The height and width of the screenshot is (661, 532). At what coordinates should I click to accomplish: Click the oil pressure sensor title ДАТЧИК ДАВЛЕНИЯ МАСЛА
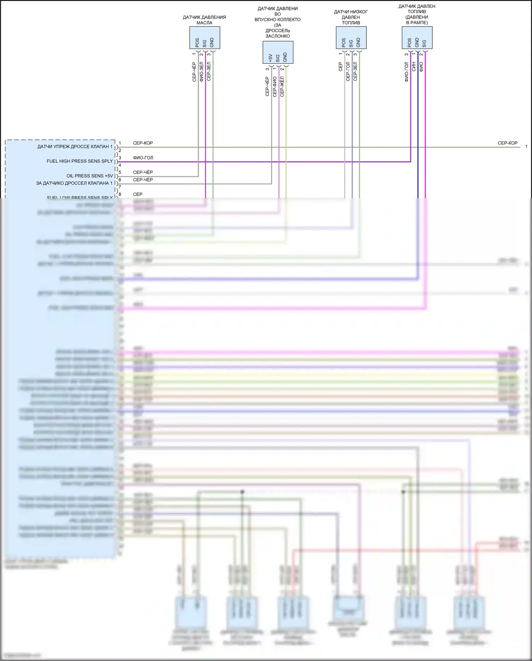coord(204,20)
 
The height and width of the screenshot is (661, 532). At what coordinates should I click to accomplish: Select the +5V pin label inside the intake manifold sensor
coord(270,58)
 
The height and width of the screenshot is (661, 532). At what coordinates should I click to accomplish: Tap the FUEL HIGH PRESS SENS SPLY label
coord(80,161)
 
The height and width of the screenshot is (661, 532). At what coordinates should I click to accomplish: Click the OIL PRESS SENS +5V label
coord(90,176)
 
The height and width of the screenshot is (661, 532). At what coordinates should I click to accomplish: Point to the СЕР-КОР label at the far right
coord(508,143)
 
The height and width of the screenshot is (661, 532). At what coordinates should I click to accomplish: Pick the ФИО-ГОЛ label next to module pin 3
coord(143,158)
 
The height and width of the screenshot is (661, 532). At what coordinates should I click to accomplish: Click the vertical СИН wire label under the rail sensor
coord(414,67)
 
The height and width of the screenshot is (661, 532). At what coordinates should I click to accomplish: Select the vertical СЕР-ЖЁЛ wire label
coord(282,86)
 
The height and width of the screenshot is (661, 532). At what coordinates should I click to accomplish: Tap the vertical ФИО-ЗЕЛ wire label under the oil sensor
coord(201,71)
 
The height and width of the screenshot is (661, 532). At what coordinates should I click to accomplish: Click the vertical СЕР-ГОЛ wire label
coord(348,71)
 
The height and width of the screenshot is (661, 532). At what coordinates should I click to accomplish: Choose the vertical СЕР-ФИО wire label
coord(275,86)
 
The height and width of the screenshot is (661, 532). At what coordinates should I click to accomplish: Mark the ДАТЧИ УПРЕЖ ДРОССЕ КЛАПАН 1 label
coord(75,147)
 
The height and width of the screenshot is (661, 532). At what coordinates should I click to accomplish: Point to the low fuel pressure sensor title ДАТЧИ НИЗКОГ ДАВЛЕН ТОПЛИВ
coord(351,17)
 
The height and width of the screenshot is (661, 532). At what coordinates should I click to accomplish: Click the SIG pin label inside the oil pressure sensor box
coord(205,43)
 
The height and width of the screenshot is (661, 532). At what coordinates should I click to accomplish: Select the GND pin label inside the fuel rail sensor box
coord(417,42)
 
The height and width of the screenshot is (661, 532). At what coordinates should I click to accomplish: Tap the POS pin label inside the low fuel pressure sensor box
coord(344,43)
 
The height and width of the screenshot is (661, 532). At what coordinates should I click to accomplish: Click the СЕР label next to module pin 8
coord(138,194)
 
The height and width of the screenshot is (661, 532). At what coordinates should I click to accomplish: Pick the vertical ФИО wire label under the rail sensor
coord(421,67)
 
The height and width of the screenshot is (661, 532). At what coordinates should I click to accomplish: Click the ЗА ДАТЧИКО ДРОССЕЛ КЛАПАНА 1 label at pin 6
coord(74,183)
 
